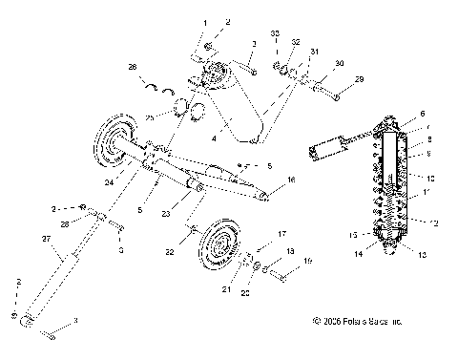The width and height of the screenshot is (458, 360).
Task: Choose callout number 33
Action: pos(275,34)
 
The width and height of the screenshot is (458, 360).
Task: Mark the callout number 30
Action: pos(338,63)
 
